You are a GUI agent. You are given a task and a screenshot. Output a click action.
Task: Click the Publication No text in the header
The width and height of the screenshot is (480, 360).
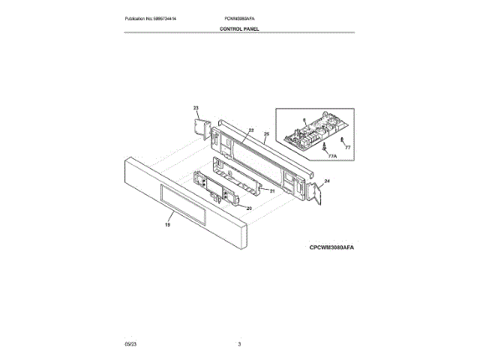click(x=154, y=18)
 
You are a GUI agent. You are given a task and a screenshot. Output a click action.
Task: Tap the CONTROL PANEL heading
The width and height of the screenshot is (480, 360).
click(x=239, y=28)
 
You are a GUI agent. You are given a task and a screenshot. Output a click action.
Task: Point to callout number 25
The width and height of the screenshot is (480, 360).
click(x=266, y=133)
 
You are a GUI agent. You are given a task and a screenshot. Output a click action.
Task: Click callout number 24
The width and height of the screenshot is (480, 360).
click(x=327, y=181)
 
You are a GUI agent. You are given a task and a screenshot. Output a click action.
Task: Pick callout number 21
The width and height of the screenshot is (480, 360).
click(x=272, y=192)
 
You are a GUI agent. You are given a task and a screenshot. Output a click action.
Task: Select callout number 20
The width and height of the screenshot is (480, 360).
click(x=249, y=208)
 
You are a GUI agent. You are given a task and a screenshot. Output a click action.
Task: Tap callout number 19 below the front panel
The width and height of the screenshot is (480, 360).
click(x=168, y=223)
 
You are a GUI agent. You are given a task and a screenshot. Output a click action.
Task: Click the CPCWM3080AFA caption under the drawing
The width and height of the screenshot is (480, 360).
click(x=330, y=247)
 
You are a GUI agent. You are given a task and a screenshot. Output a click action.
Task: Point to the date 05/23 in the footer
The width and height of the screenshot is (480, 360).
click(x=130, y=343)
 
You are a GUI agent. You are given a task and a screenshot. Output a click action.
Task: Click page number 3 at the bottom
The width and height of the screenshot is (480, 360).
click(x=239, y=343)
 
